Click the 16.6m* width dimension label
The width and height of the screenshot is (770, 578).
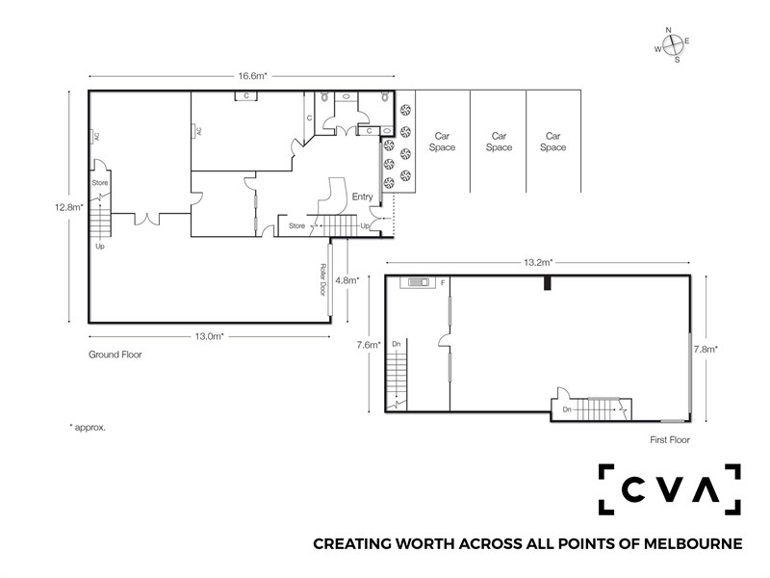252,76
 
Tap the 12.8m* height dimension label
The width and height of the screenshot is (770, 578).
68,207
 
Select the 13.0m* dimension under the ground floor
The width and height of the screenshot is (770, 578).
209,336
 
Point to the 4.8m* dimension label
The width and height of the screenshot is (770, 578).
347,280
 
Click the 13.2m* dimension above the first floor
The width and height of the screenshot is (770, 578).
538,262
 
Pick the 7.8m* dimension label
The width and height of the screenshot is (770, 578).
706,350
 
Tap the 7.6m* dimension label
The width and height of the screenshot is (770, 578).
369,345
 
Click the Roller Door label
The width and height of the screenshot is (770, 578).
322,279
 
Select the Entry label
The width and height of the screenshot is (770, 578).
363,197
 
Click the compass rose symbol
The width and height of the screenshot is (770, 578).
672,45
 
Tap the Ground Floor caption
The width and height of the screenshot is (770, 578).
115,355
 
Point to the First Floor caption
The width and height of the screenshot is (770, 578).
670,440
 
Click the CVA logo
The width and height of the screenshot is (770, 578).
669,489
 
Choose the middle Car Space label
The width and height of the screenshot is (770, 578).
499,142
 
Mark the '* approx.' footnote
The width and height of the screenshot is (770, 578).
88,428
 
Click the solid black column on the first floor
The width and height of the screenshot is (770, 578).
547,283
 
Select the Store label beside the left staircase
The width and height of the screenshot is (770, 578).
100,183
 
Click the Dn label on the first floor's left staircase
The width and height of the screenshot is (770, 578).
397,344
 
